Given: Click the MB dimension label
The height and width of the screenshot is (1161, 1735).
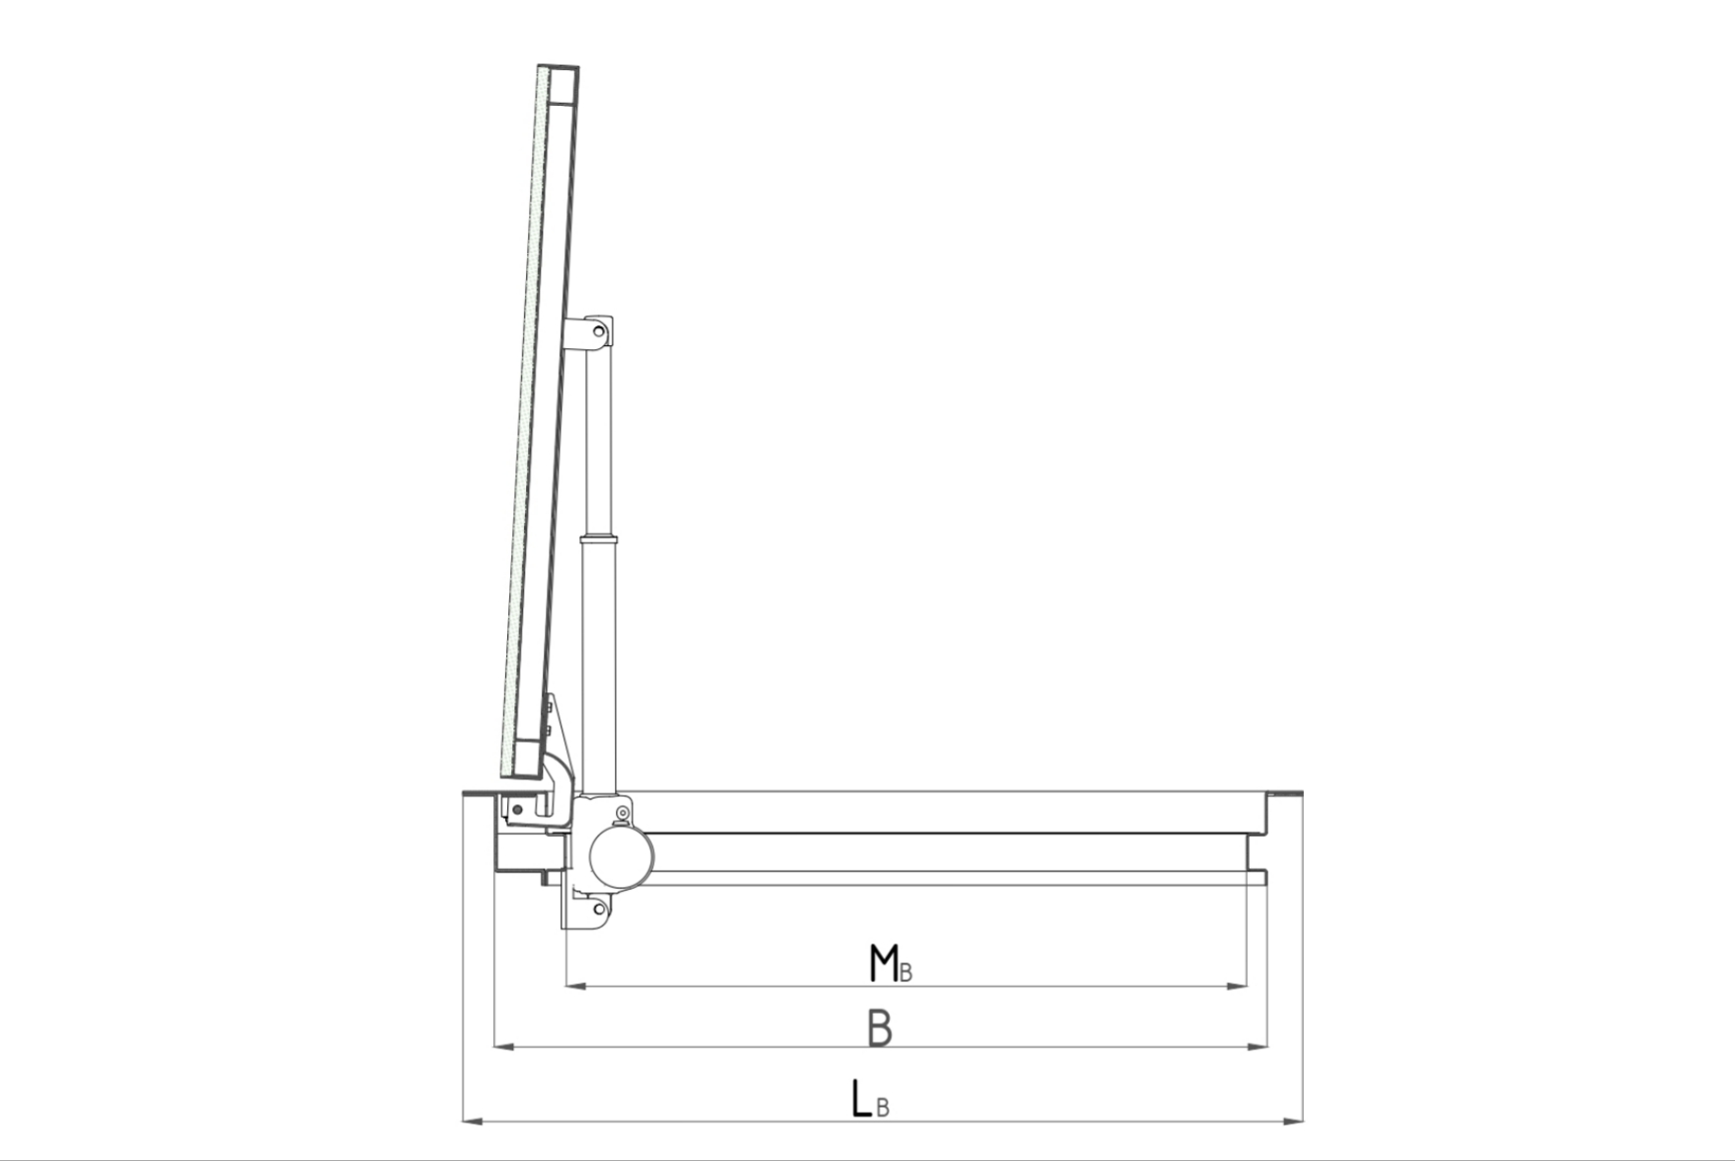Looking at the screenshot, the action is pos(890,963).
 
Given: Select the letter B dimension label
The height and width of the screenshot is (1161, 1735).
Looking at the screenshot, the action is pos(880,1027).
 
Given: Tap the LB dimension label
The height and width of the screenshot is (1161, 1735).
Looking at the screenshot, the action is pos(870,1099).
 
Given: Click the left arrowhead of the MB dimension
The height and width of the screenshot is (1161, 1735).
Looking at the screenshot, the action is pos(576,986).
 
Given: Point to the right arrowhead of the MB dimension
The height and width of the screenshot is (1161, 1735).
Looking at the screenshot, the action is pos(1236,986).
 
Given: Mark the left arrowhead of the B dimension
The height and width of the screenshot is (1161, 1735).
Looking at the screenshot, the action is pos(504,1045).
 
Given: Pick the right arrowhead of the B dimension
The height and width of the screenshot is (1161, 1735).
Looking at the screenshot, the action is pos(1258,1045).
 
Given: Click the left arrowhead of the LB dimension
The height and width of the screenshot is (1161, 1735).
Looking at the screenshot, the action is pos(474,1120).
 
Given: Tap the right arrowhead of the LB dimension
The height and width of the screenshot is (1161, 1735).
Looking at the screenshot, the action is pos(1292,1120).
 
